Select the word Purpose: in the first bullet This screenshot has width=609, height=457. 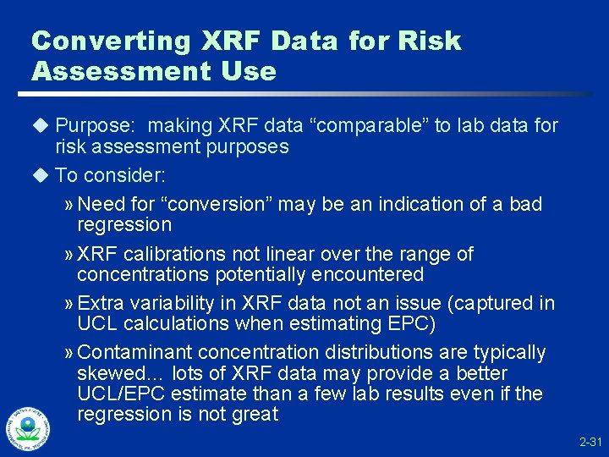92,126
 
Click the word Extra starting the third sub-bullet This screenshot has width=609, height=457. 102,303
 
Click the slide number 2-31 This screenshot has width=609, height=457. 590,443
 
